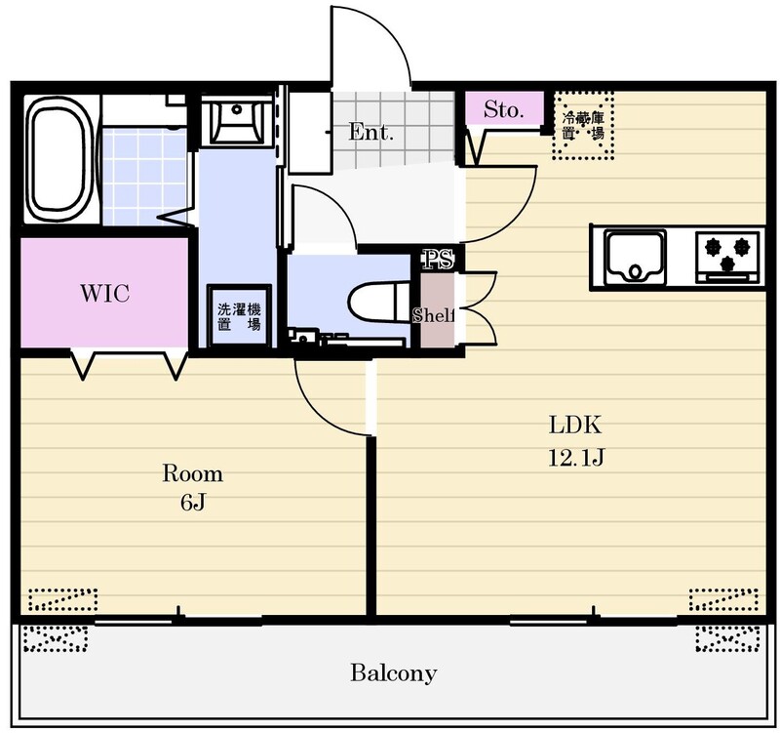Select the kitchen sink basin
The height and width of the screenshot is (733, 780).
pyautogui.click(x=636, y=257)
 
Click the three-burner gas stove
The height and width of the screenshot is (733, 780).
pyautogui.click(x=727, y=257)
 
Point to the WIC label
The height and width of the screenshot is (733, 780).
pyautogui.click(x=105, y=294)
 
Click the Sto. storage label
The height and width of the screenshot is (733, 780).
pyautogui.click(x=503, y=109)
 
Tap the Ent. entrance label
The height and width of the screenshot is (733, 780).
pyautogui.click(x=370, y=132)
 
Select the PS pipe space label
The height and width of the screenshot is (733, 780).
pyautogui.click(x=438, y=259)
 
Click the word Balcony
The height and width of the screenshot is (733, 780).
pyautogui.click(x=394, y=673)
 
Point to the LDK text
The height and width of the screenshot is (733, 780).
pyautogui.click(x=575, y=426)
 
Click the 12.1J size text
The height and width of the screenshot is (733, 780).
pyautogui.click(x=576, y=457)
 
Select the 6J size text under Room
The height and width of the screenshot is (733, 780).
pyautogui.click(x=192, y=504)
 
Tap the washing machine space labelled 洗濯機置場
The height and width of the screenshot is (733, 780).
pyautogui.click(x=239, y=315)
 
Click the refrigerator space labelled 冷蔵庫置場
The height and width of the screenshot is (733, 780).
pyautogui.click(x=583, y=126)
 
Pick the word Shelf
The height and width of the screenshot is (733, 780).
pyautogui.click(x=434, y=315)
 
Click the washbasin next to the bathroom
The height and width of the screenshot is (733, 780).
pyautogui.click(x=237, y=120)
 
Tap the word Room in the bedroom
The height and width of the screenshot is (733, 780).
pyautogui.click(x=192, y=473)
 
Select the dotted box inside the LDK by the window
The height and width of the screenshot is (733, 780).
pyautogui.click(x=723, y=599)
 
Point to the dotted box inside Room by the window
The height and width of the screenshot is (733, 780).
pyautogui.click(x=62, y=599)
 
